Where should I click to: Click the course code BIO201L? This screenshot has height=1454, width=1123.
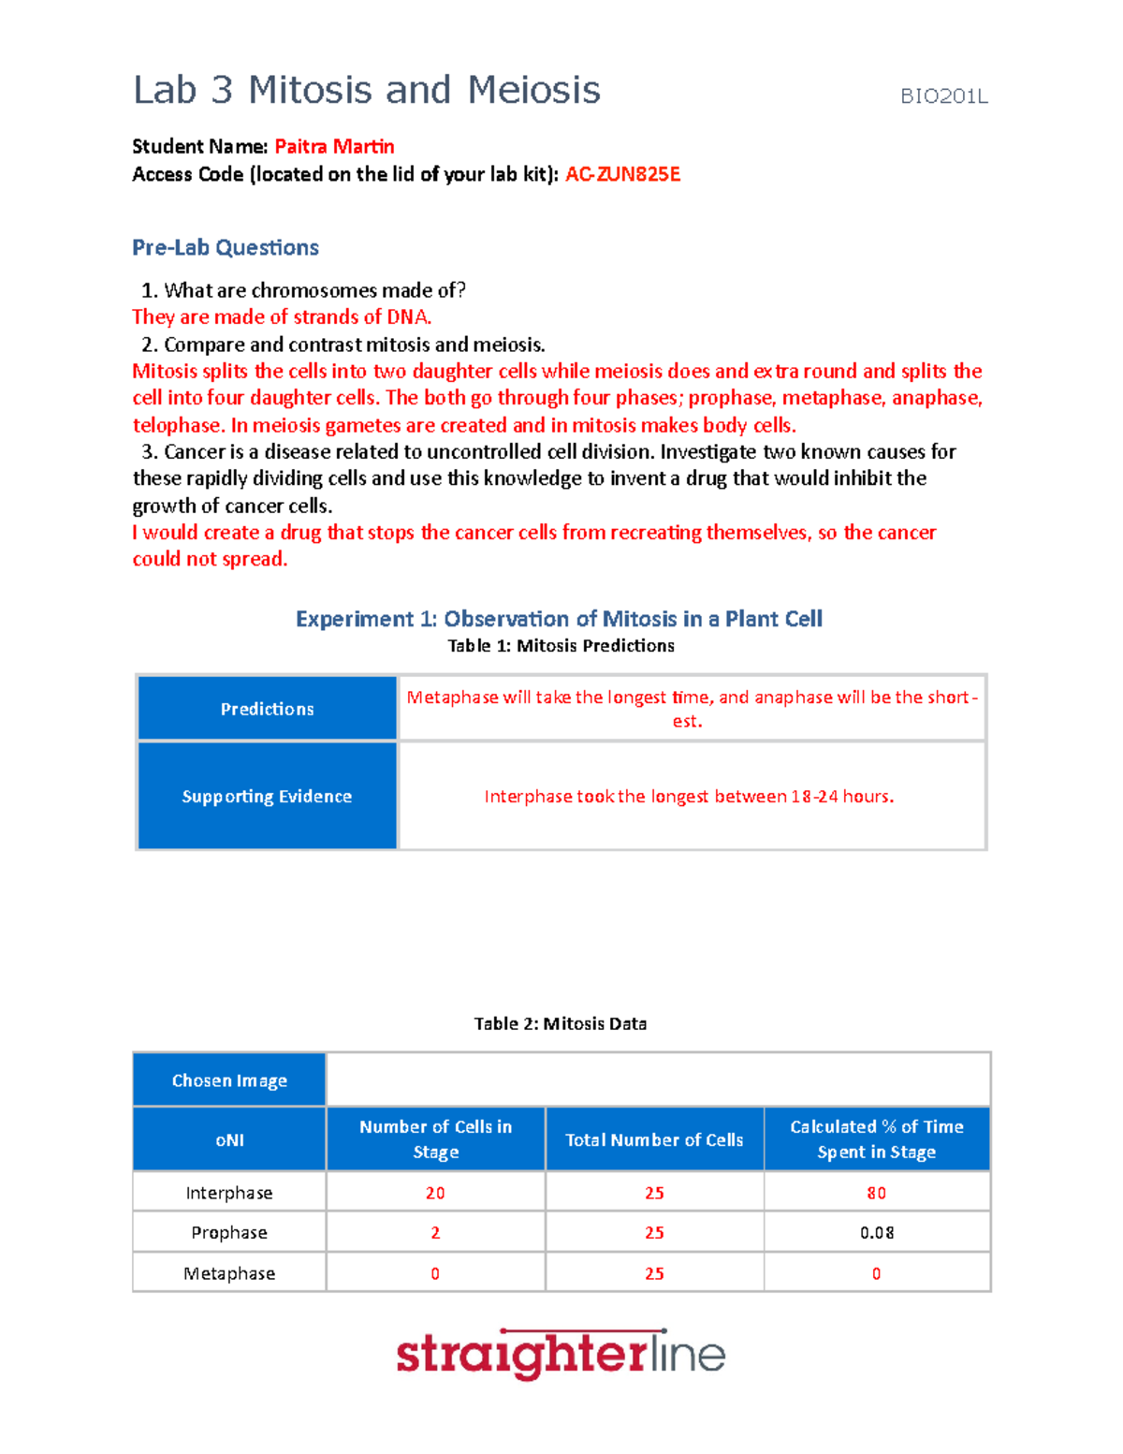pos(943,96)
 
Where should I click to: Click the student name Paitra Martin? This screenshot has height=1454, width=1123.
pos(334,147)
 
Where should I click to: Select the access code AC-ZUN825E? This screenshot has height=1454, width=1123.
pos(622,175)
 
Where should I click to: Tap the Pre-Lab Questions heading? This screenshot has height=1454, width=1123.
pos(226,248)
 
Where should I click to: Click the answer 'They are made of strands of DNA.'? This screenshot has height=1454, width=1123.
pos(282,317)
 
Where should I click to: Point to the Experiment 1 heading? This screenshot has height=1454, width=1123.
pos(559,619)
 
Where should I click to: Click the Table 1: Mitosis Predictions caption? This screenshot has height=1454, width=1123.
pos(561,646)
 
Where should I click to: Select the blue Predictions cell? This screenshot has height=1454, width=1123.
pos(268,709)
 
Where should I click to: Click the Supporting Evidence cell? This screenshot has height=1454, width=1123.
pos(268,796)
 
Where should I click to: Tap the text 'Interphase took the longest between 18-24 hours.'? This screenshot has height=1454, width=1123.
pos(689,797)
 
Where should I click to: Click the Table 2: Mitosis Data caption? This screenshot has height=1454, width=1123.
pos(560,1024)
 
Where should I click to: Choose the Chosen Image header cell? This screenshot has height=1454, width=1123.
pos(229,1080)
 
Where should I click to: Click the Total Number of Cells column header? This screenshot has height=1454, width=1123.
pos(654,1140)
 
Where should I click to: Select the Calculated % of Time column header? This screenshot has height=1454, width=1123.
pos(876,1139)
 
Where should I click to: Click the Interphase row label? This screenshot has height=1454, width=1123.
pos(229,1194)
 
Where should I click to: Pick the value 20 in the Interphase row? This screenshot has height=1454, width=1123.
pos(435,1194)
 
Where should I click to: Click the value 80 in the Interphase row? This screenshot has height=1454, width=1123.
pos(876,1194)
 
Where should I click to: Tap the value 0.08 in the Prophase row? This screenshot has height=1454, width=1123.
pos(876,1233)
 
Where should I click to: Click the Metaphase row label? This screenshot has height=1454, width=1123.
pos(229,1274)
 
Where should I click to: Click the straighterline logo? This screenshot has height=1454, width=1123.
pos(561,1355)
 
